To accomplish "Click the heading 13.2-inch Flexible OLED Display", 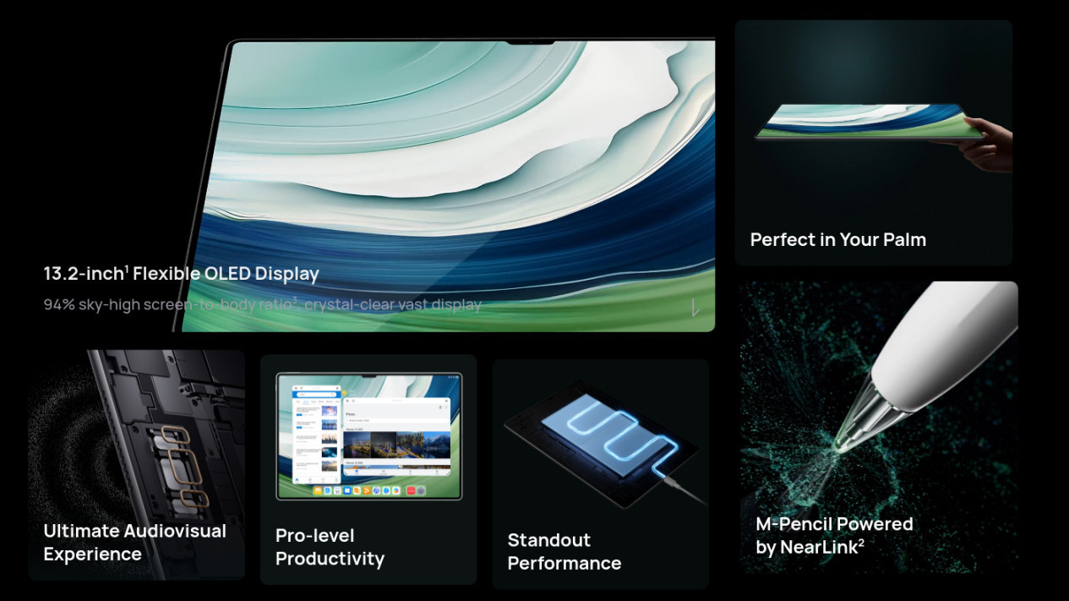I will click(181, 274).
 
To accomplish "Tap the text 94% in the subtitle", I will click(59, 304).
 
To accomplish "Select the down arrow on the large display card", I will click(695, 308).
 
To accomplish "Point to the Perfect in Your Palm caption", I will click(837, 240).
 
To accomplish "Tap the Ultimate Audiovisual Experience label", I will click(134, 543).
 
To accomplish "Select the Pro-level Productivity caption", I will click(330, 547).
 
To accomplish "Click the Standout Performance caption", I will click(564, 552).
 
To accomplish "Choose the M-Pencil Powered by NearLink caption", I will click(834, 535).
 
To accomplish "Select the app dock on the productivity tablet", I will click(369, 490).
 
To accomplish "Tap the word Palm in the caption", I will click(904, 240).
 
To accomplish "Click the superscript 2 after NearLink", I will click(861, 543).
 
